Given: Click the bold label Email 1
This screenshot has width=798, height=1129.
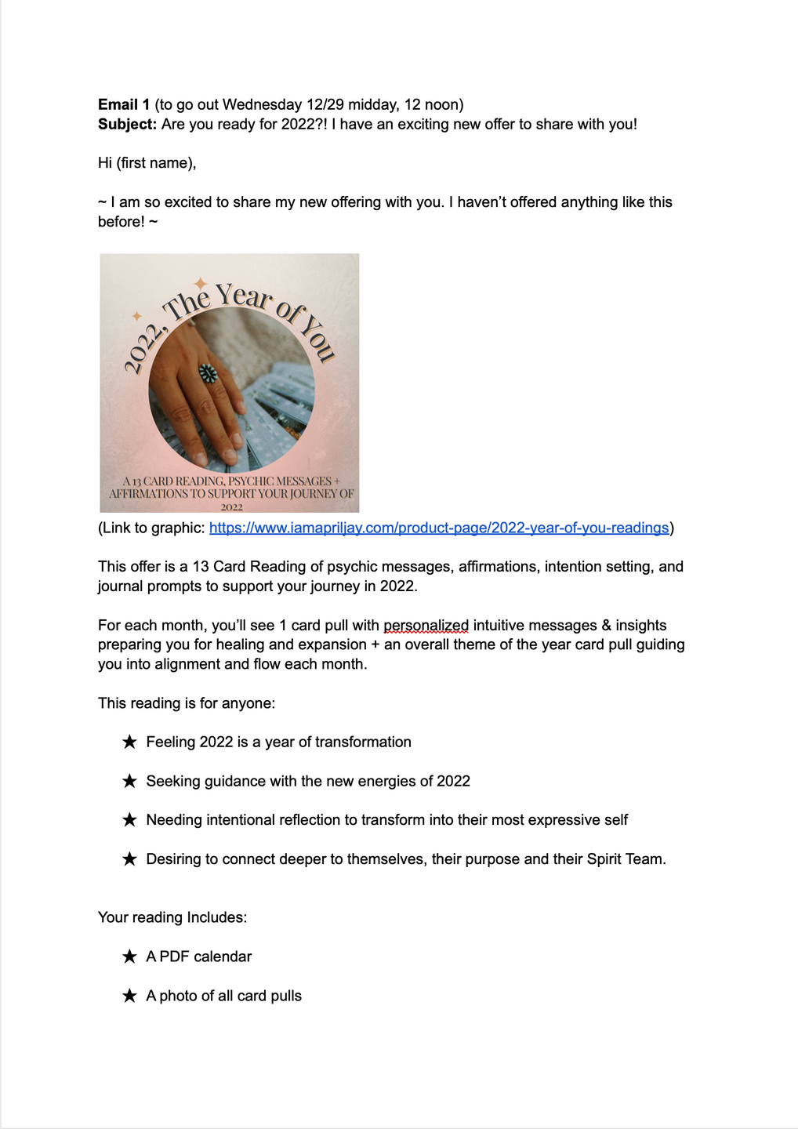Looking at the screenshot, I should coord(124,104).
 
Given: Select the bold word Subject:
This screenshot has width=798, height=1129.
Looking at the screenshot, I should coord(127,124).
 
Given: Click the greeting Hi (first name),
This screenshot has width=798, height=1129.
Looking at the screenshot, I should coord(147,163).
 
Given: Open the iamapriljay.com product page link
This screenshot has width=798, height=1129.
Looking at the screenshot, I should coord(439,528).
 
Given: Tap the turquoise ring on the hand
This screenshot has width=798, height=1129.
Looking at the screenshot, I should coord(208,373).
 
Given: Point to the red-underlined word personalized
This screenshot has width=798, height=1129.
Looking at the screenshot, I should coord(426,625).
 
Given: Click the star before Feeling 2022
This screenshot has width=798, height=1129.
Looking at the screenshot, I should coord(130,742).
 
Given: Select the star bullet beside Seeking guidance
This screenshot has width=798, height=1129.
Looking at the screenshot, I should coord(130,781).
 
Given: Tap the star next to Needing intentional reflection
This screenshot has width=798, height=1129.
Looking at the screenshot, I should coord(130,820).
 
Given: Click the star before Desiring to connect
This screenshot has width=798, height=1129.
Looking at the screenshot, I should coord(130,859).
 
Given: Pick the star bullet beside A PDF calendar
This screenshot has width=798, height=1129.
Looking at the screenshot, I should coord(130,957).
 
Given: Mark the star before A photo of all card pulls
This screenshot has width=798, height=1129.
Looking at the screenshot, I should coord(130,996).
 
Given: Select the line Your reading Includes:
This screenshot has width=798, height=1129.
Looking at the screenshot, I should coord(172,917).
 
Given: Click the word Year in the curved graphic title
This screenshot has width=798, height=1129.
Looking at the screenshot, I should coord(244,296).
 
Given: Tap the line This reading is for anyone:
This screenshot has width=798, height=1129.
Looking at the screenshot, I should coord(187,703).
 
